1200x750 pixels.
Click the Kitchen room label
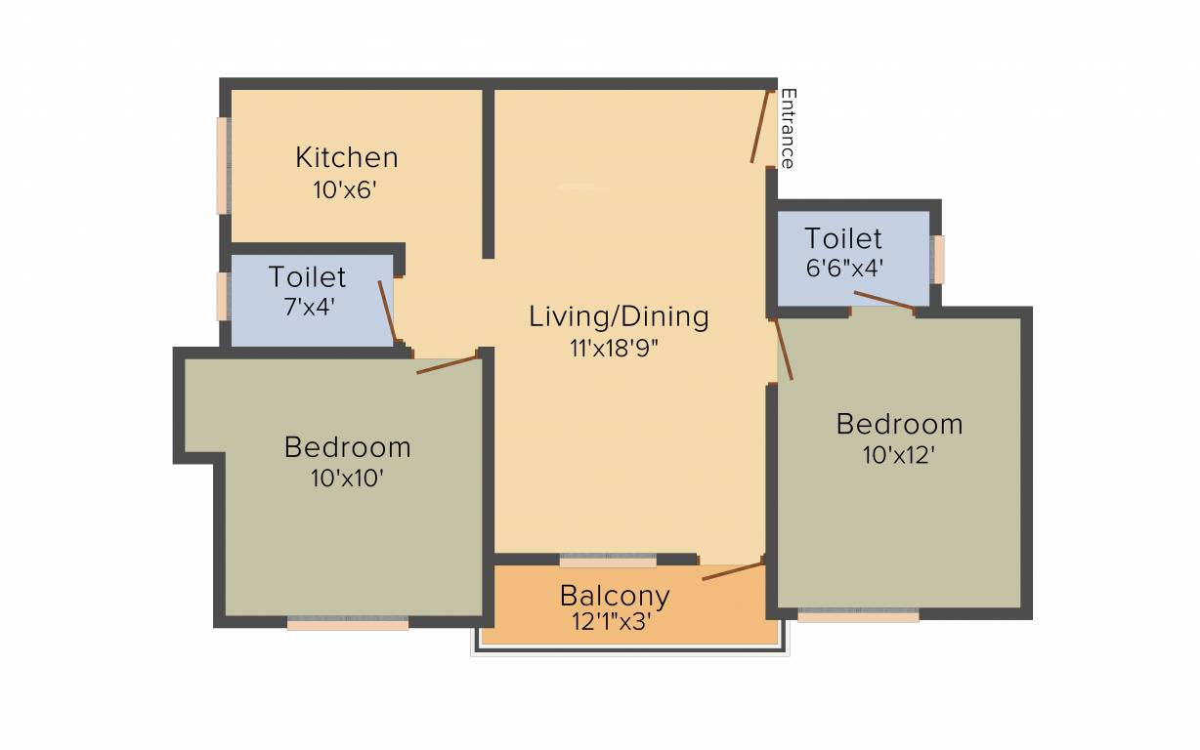(x=347, y=157)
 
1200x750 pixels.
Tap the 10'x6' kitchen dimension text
(x=345, y=189)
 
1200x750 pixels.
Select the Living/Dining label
(x=619, y=316)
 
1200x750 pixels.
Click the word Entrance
(x=788, y=129)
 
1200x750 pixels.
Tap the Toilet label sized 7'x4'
(x=307, y=276)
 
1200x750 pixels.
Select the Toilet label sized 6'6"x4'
(x=843, y=238)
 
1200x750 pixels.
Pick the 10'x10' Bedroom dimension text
(x=347, y=479)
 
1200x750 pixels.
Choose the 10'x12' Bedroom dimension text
(x=899, y=455)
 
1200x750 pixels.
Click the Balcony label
(x=615, y=595)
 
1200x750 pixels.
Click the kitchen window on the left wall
(x=222, y=165)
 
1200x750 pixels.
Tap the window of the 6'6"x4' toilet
(x=938, y=259)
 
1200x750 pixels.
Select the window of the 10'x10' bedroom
(x=348, y=623)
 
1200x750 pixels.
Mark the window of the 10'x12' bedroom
(x=858, y=616)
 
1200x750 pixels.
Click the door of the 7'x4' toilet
(x=388, y=312)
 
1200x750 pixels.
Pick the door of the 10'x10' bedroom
(x=448, y=363)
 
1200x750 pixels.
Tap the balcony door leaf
(x=732, y=571)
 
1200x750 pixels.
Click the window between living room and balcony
(x=608, y=562)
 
